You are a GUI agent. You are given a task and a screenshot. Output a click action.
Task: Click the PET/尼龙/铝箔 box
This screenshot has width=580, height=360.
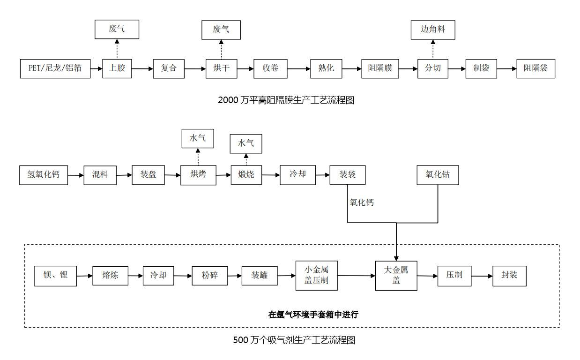55,68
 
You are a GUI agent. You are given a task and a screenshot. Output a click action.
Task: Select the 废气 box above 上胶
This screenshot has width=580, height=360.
117,29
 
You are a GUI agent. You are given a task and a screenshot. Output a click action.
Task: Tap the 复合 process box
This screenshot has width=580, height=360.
169,68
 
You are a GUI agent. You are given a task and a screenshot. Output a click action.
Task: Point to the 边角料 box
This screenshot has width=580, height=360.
432,30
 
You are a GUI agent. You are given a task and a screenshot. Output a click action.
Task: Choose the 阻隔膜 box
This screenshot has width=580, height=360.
380,68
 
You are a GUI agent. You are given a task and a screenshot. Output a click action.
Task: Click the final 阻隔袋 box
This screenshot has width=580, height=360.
535,68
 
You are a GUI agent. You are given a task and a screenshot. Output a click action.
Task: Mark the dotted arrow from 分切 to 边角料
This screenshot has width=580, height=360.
433,49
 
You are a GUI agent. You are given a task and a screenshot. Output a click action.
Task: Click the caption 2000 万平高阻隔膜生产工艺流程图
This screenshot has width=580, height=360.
286,100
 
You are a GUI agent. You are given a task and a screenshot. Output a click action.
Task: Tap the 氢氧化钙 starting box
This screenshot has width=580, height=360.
43,175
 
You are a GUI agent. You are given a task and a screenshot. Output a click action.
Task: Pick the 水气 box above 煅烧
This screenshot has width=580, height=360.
245,143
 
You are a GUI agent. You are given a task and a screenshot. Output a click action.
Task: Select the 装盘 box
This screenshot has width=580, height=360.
149,175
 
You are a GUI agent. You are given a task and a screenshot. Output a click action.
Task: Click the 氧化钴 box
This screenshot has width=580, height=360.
438,175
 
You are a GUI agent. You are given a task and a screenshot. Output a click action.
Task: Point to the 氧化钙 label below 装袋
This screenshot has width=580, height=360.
362,203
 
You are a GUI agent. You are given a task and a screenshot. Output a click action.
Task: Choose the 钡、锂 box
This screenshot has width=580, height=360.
55,276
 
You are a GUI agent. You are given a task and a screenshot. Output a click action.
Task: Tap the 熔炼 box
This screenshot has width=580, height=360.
110,276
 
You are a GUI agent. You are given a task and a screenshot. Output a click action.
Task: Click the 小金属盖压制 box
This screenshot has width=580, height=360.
316,275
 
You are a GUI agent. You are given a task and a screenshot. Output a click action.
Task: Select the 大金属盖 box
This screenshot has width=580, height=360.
396,275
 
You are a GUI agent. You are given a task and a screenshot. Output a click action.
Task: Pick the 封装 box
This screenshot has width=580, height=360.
509,275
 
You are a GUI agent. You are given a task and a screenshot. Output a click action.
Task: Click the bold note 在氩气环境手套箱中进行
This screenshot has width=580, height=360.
313,315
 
